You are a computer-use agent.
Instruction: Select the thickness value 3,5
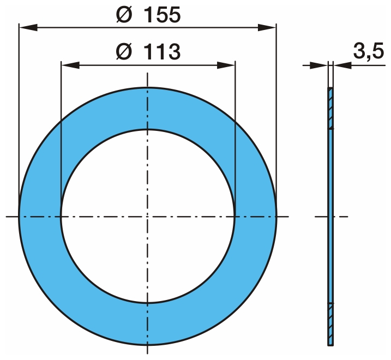coord(368,52)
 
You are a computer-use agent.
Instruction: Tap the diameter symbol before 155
coord(124,15)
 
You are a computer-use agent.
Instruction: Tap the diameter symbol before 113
coord(124,52)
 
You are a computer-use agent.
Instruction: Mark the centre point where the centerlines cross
coord(148,217)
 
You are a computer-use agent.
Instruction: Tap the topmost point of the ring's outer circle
coord(148,88)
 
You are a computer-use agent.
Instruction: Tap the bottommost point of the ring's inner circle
coord(148,303)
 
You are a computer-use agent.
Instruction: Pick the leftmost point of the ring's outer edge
coord(19,217)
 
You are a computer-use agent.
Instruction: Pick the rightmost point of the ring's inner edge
coord(235,217)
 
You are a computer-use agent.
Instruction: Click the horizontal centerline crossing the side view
coord(341,217)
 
